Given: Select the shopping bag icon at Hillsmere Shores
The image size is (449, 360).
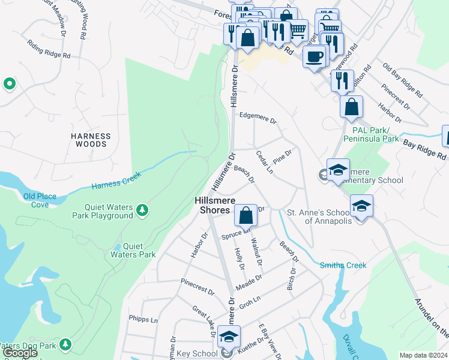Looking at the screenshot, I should tap(246, 214).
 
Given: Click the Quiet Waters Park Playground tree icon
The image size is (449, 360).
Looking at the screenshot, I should tap(142, 209).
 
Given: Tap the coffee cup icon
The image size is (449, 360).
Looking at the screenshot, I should tap(315, 57).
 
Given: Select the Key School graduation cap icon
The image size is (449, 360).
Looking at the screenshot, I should tap(228, 337).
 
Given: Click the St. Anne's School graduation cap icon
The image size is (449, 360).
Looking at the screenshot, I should tap(361, 207).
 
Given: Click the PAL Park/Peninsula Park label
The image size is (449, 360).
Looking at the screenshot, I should tap(371, 134).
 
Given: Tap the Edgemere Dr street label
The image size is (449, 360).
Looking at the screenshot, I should tap(258, 118).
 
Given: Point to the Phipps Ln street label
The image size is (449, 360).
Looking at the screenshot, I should tap(142, 319).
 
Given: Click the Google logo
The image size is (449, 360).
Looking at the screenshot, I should tap(20, 353).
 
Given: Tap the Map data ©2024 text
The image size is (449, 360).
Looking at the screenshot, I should tap(423, 355).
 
